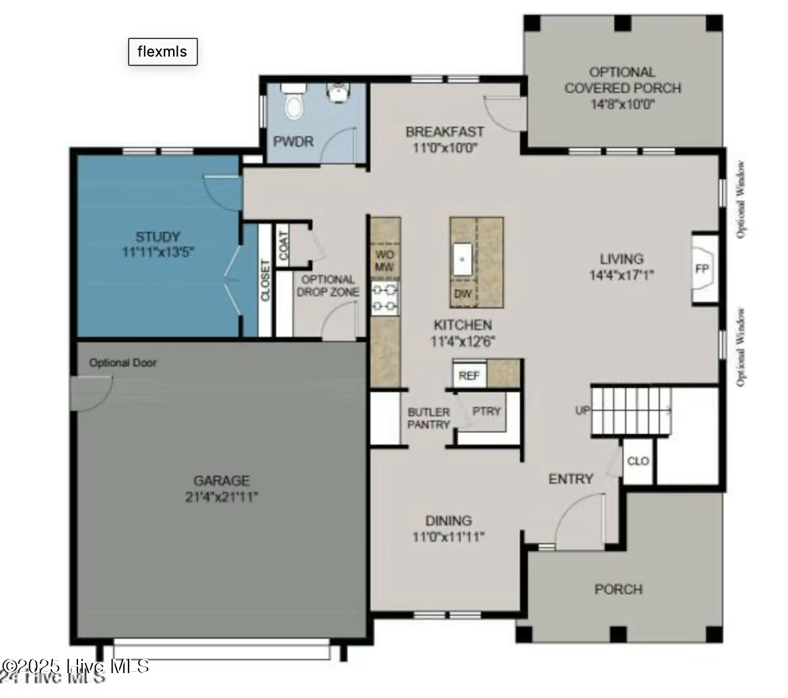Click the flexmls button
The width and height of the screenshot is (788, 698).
point(162,52)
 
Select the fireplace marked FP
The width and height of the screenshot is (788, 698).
point(702,269)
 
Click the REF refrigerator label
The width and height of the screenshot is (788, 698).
point(469,375)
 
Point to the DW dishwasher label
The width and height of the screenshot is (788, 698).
point(463,294)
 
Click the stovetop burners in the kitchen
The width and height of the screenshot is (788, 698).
point(385,298)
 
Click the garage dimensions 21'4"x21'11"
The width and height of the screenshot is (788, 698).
point(222,497)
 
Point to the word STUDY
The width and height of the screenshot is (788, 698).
point(158,237)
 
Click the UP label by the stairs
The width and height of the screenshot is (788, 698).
point(583,410)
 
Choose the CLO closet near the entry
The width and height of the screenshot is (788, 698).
point(638,462)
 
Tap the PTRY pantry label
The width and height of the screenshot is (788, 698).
point(486,411)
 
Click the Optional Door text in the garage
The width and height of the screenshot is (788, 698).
point(123,363)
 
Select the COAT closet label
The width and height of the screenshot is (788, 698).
point(283,243)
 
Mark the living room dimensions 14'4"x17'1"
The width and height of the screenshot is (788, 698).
point(622,275)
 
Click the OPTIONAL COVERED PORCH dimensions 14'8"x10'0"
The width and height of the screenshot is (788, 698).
point(622,104)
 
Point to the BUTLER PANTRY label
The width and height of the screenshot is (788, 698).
point(428,418)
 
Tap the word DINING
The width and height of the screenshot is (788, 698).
point(449,521)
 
